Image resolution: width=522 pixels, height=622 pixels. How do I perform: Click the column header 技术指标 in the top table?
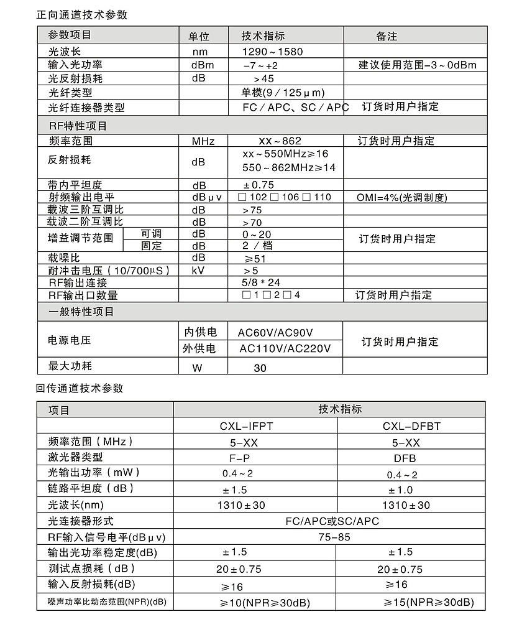(x=263, y=36)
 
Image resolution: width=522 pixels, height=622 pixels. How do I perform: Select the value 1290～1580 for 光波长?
(x=273, y=52)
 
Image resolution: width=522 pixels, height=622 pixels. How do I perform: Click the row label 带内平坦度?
(x=75, y=185)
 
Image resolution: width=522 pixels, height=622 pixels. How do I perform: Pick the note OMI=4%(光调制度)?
(x=401, y=197)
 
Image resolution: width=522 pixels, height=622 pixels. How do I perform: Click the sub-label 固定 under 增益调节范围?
(x=151, y=246)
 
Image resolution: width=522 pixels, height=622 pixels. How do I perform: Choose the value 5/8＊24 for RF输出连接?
(x=261, y=282)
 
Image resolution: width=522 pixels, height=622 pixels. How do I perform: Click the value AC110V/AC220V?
(x=285, y=348)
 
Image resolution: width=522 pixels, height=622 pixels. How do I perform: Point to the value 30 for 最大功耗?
(x=260, y=368)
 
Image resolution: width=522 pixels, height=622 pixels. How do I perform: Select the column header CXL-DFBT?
(x=408, y=426)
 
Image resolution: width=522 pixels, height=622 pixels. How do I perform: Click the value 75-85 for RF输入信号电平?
(x=330, y=537)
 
